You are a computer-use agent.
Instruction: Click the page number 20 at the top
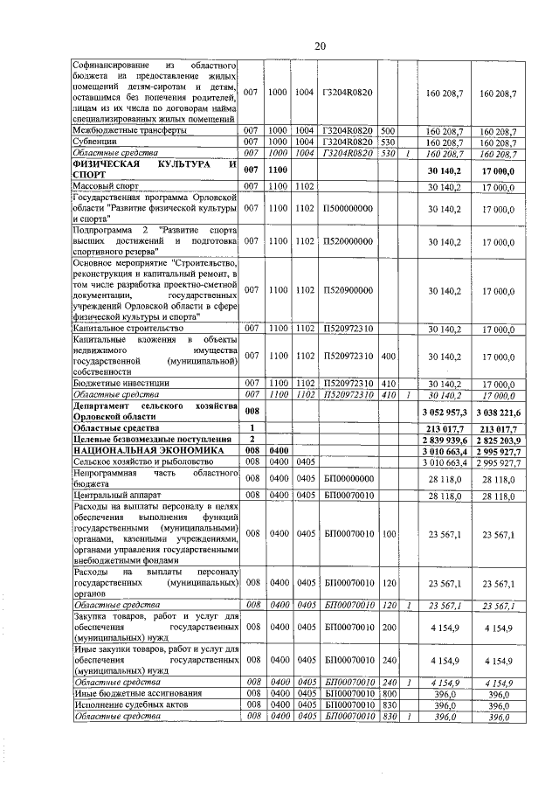pos(321,45)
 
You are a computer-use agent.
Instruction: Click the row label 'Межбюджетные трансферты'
pos(129,130)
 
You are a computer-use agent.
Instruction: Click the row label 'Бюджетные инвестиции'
pos(121,384)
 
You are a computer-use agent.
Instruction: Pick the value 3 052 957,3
pos(444,412)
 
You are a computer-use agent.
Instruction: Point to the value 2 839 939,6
pos(444,439)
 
